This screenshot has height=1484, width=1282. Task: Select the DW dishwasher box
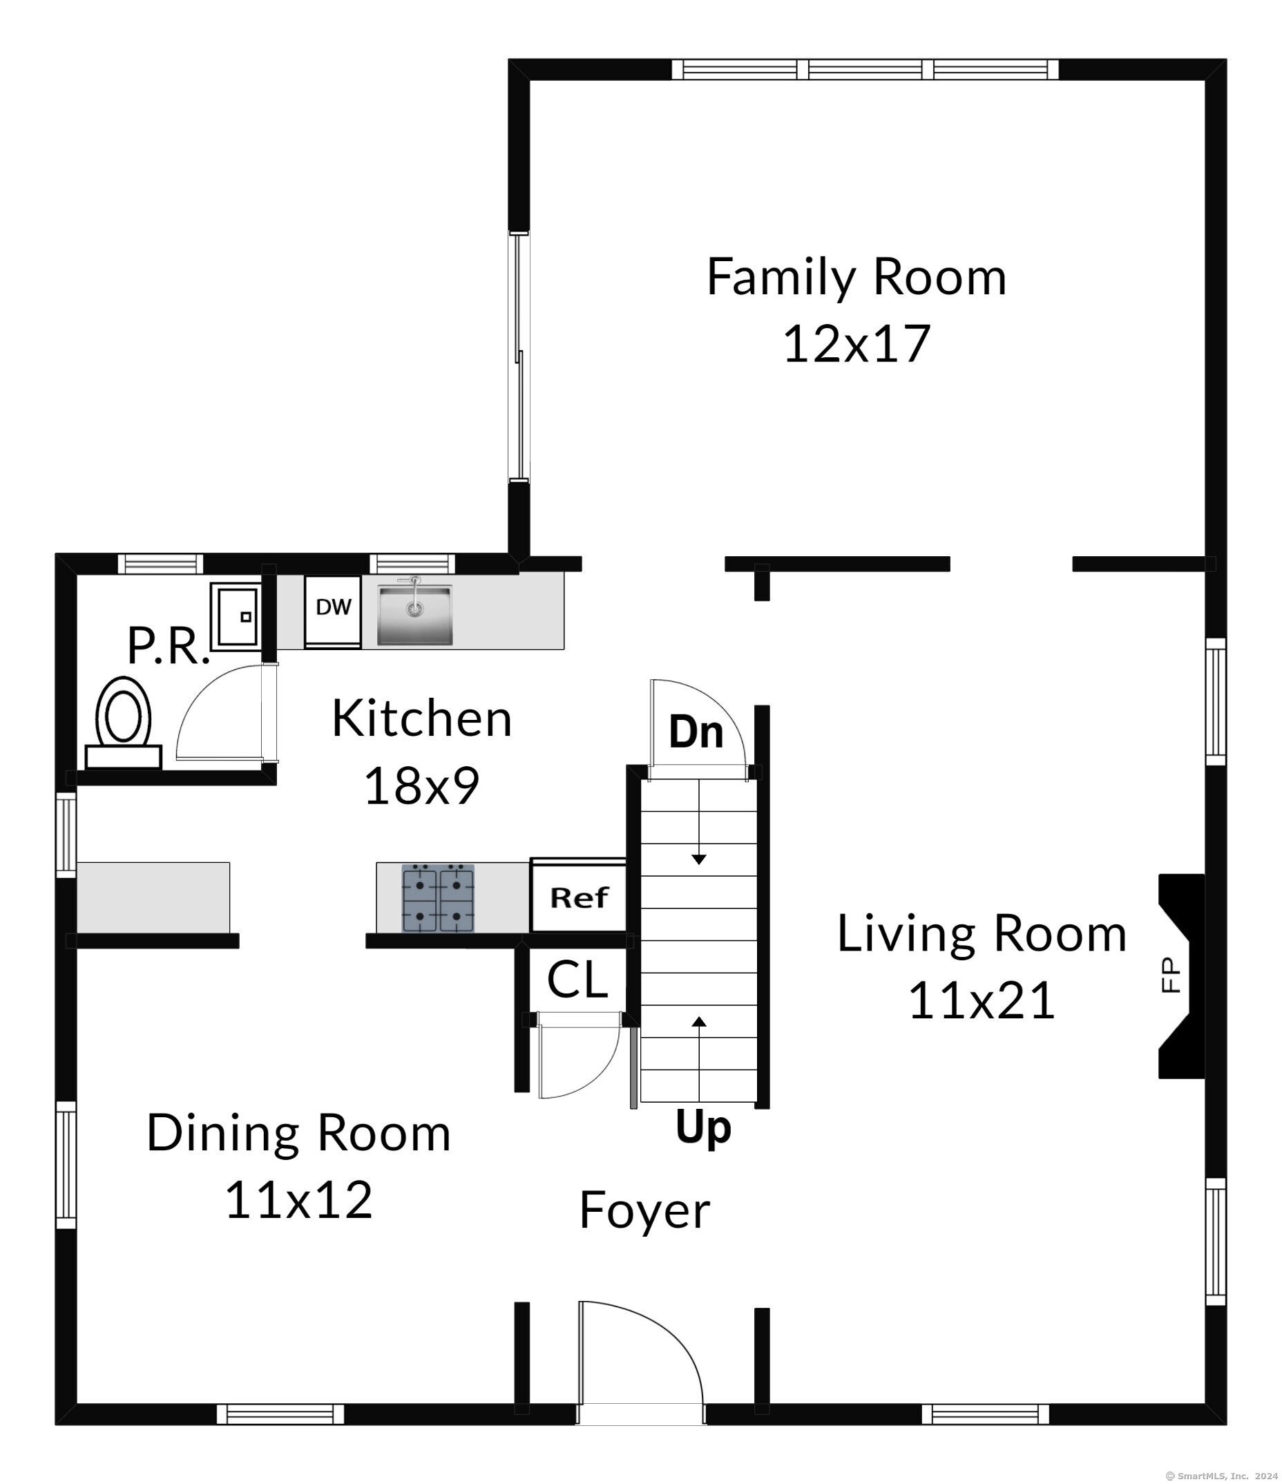333,611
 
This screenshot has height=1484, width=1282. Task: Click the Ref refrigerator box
579,896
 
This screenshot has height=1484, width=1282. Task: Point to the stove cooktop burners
438,898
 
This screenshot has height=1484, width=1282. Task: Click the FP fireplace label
1169,976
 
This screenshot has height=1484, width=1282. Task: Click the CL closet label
577,979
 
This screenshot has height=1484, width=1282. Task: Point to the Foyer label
644,1210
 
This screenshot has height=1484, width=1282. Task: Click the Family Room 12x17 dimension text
857,344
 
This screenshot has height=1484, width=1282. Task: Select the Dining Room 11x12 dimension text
298,1200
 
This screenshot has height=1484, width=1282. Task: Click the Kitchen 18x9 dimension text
422,786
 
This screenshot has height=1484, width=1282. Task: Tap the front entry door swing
641,1354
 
